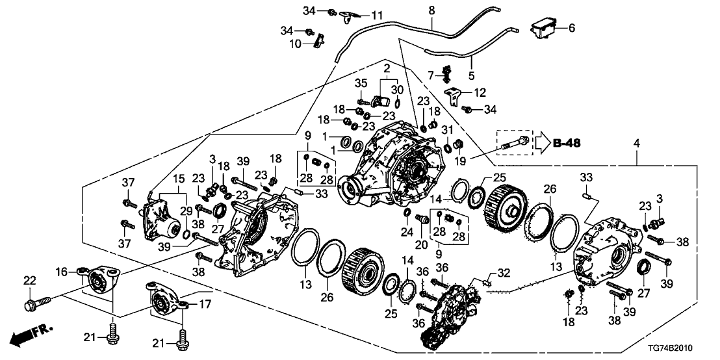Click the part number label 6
pos(572,28)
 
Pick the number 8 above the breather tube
pos(431,10)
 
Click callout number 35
pos(362,83)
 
